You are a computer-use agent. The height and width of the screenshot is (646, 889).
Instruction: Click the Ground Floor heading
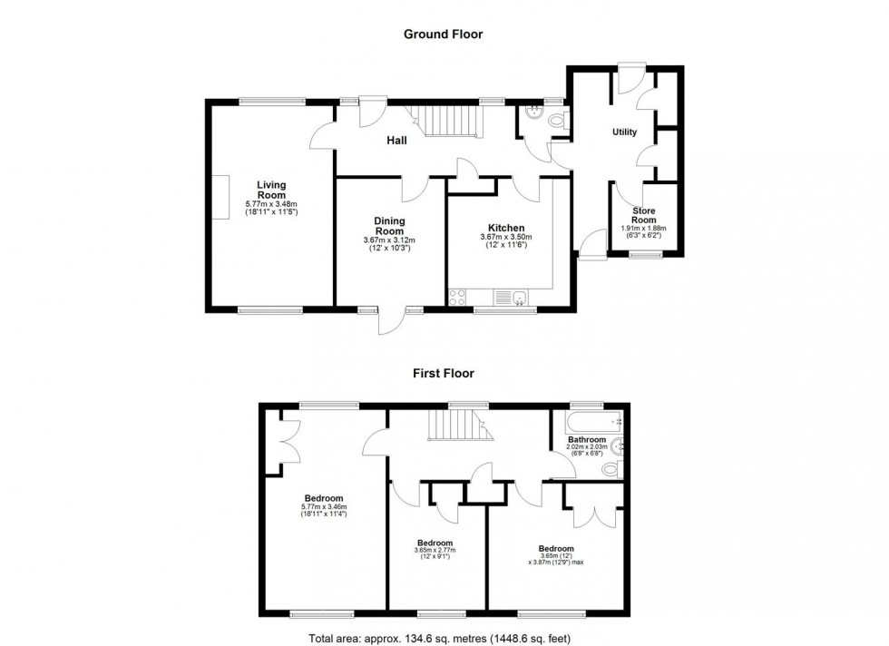pos(443,34)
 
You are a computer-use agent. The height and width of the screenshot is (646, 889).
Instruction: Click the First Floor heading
pos(444,373)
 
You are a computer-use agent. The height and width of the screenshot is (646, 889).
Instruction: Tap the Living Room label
pos(270,190)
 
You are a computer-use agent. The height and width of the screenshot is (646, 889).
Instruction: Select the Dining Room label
pos(389,226)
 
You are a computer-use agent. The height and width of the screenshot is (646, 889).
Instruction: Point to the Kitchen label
pos(506,228)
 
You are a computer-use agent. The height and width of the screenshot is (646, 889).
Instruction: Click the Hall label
pos(396,141)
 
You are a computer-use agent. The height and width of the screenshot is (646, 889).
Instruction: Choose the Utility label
pos(624,132)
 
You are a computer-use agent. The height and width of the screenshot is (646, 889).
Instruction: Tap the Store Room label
pos(643,215)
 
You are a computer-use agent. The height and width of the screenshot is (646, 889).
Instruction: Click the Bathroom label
pos(587,439)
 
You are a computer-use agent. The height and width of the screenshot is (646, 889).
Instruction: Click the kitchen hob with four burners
pos(458,297)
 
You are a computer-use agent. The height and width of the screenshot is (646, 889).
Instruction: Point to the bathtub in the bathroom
pos(590,422)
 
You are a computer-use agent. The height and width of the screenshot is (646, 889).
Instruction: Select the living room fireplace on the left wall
pos(220,197)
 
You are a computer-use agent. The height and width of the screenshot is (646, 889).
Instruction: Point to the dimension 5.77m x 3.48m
pos(271,204)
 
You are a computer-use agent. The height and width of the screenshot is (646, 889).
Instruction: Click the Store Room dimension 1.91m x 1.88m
pos(643,229)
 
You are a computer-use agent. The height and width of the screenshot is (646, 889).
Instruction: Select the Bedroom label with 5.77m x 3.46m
pos(323,498)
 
